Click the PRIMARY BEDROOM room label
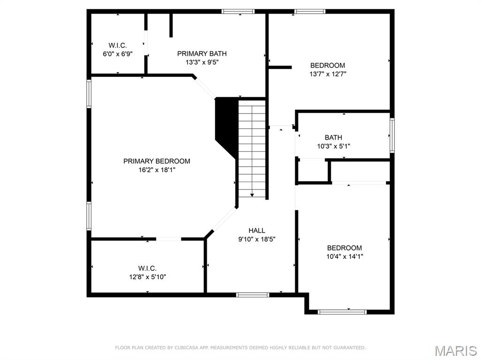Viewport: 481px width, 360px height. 156,161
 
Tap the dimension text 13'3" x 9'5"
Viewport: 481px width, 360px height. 199,62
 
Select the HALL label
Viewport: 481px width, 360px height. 256,230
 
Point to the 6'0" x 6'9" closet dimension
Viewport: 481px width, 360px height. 117,54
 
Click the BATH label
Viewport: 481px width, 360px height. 333,138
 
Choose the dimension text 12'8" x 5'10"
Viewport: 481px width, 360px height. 147,277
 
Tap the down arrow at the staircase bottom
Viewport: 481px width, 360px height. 252,194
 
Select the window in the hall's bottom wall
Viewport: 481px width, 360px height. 252,295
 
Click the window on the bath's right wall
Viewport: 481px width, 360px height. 392,135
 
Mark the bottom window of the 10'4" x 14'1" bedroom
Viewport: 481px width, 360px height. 342,311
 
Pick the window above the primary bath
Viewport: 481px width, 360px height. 238,11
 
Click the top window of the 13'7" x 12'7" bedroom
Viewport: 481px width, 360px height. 310,11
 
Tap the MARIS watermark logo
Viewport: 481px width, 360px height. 455,350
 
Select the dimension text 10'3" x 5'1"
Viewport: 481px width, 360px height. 333,146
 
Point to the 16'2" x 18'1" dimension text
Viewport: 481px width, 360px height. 156,170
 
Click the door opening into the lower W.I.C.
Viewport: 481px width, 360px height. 169,239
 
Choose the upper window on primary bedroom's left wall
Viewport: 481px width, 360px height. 89,94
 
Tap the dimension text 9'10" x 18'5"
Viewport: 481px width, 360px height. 256,239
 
